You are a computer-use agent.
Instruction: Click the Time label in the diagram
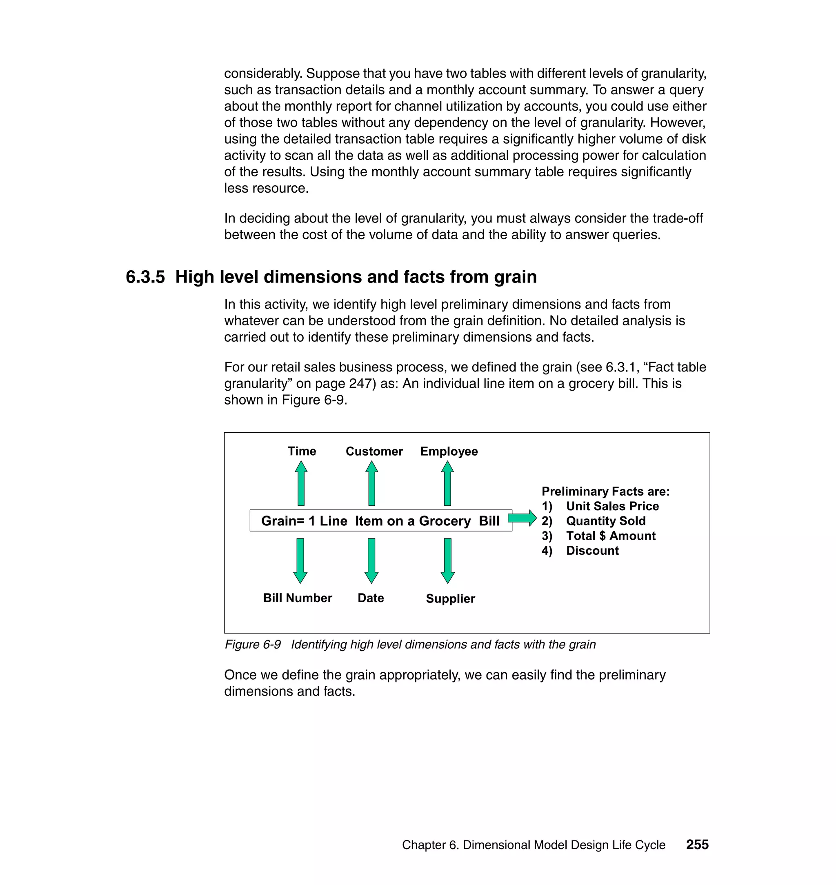click(x=302, y=451)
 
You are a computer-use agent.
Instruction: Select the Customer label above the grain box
click(x=374, y=451)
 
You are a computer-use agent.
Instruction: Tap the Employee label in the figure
click(x=449, y=451)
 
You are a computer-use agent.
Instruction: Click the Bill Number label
click(x=297, y=598)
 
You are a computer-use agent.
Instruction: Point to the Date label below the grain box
click(x=370, y=598)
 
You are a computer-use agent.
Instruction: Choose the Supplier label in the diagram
click(x=450, y=598)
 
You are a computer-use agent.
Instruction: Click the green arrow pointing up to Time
click(x=301, y=483)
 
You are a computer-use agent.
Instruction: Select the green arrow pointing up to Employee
click(x=447, y=483)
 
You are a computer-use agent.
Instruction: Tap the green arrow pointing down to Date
click(x=371, y=560)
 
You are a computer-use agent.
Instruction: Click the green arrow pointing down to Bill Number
click(x=300, y=560)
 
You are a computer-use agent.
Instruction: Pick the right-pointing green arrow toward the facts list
click(x=522, y=518)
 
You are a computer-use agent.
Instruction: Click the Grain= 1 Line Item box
click(x=380, y=520)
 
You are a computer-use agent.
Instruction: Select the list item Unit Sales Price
click(x=612, y=506)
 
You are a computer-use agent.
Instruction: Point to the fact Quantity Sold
click(x=605, y=520)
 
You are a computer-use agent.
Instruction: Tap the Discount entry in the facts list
click(x=592, y=550)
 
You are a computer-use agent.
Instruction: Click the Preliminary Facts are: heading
click(x=605, y=491)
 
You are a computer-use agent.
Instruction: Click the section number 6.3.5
click(x=145, y=277)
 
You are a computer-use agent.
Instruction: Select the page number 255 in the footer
click(x=697, y=845)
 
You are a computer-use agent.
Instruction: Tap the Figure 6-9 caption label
click(x=253, y=645)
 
